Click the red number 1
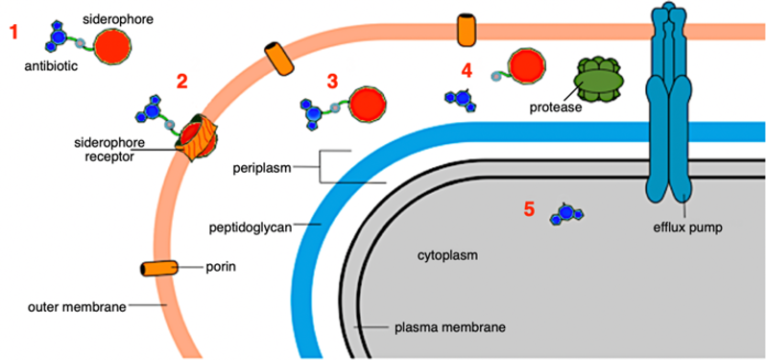point(13,32)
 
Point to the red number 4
point(467,69)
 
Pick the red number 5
point(528,207)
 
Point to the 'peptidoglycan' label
point(251,228)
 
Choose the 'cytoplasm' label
point(447,256)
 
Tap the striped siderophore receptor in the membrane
point(196,141)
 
